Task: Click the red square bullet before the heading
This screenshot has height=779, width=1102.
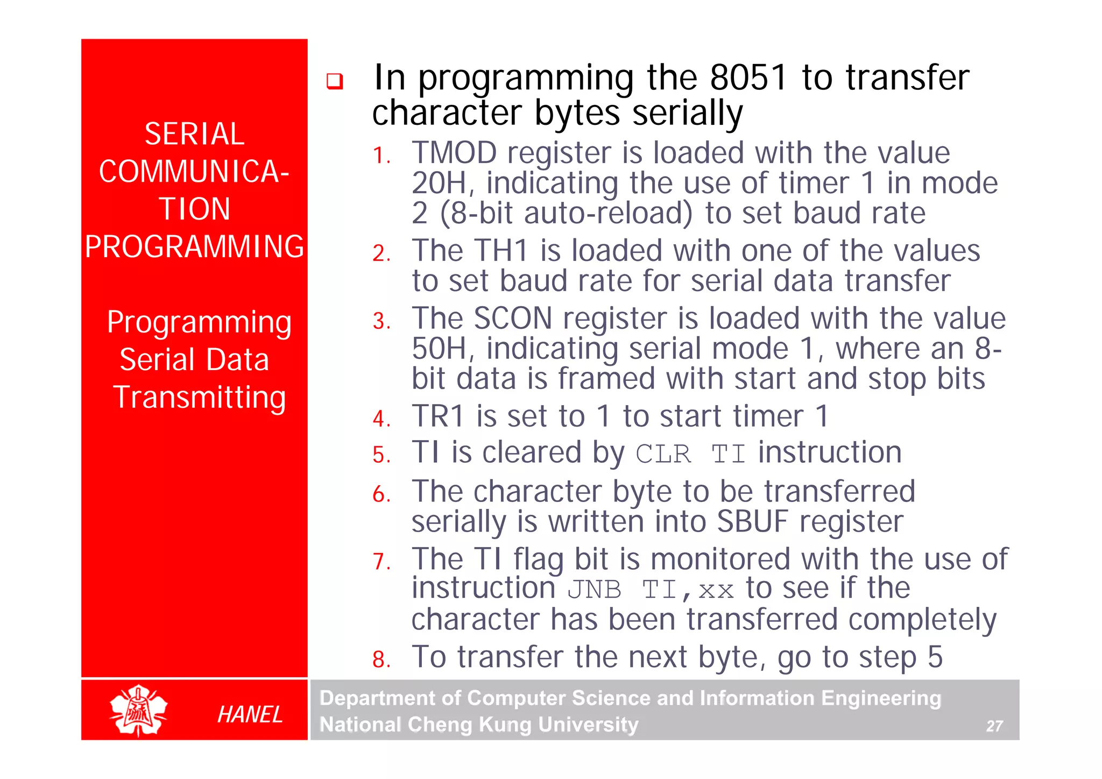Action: pyautogui.click(x=335, y=81)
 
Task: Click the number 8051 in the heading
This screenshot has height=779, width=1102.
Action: pyautogui.click(x=748, y=77)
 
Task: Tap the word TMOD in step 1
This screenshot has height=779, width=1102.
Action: pyautogui.click(x=454, y=153)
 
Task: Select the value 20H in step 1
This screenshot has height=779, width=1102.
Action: pyautogui.click(x=439, y=183)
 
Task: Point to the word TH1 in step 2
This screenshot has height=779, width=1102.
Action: pyautogui.click(x=500, y=251)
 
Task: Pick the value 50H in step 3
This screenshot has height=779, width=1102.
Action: pyautogui.click(x=439, y=349)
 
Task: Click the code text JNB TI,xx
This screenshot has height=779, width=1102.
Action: pyautogui.click(x=651, y=590)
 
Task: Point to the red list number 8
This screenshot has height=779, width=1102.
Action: pyautogui.click(x=382, y=660)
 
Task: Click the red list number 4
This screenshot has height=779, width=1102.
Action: pyautogui.click(x=382, y=419)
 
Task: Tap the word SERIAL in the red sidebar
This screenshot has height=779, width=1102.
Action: pyautogui.click(x=194, y=134)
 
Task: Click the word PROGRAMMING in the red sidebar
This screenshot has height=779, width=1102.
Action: pyautogui.click(x=194, y=247)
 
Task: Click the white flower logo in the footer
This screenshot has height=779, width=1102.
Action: pyautogui.click(x=139, y=710)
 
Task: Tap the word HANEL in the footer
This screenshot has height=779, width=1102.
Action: pyautogui.click(x=250, y=714)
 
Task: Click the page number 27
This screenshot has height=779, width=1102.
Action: pyautogui.click(x=994, y=726)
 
